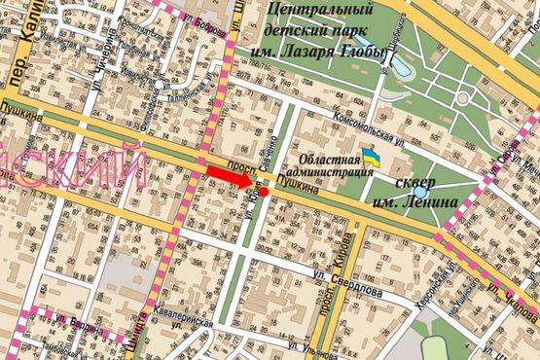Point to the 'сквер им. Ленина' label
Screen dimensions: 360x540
[420, 192]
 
